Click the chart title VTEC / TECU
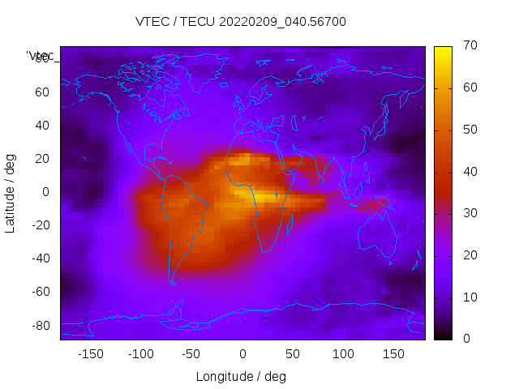pyautogui.click(x=240, y=22)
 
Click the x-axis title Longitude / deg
pyautogui.click(x=241, y=376)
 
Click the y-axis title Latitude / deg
pyautogui.click(x=11, y=192)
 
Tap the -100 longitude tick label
pyautogui.click(x=140, y=354)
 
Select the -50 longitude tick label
pyautogui.click(x=191, y=354)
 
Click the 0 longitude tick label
pyautogui.click(x=242, y=354)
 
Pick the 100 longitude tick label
pyautogui.click(x=343, y=354)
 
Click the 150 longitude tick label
pyautogui.click(x=393, y=354)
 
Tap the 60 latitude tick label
pyautogui.click(x=42, y=92)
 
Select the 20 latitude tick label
pyautogui.click(x=42, y=159)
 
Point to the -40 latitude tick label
pyautogui.click(x=40, y=259)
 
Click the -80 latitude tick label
pyautogui.click(x=40, y=325)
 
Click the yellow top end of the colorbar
pyautogui.click(x=443, y=50)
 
